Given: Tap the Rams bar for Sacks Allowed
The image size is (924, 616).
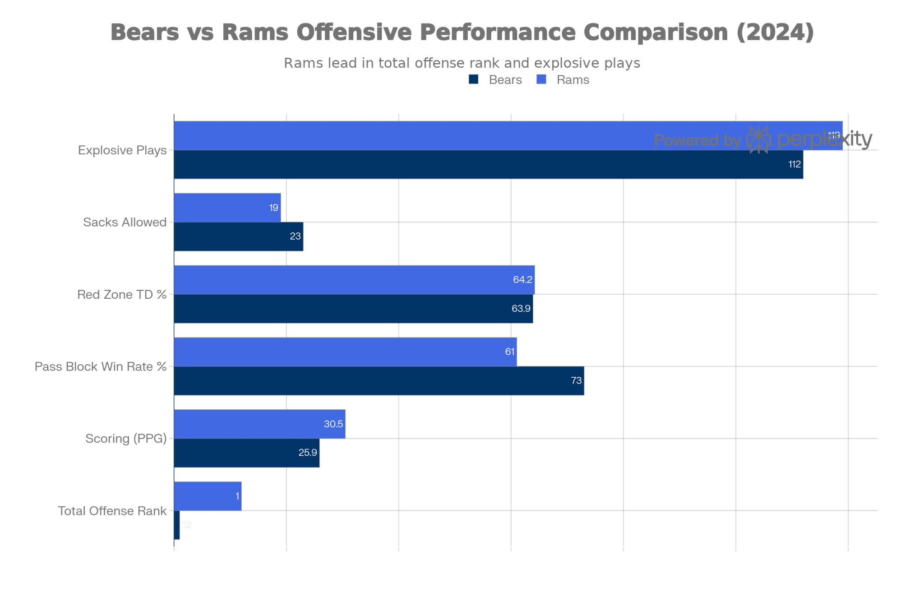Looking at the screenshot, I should (227, 208).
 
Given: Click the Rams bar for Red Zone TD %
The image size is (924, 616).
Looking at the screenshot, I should (354, 280).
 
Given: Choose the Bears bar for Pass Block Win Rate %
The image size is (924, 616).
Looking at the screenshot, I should (379, 380).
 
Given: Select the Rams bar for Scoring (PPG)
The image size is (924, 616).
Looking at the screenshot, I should (259, 424).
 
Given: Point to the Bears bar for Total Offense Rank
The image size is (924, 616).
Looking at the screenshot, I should (177, 525).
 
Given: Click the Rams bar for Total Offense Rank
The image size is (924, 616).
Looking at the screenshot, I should (208, 496).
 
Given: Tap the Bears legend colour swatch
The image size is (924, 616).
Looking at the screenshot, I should (474, 80).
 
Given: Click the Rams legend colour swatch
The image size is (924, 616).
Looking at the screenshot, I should (541, 80).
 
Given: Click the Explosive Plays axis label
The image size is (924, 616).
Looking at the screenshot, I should (122, 150).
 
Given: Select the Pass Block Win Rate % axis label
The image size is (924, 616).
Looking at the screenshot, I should (101, 366).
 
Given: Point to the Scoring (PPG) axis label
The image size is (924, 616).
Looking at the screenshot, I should (126, 439).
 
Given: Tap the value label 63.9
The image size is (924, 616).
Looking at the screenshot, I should (521, 309).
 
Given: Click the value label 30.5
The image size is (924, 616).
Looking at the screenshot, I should (333, 424).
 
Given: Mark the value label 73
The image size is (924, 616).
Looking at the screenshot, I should (576, 380).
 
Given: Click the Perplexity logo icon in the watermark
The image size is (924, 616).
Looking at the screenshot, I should (758, 140).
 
